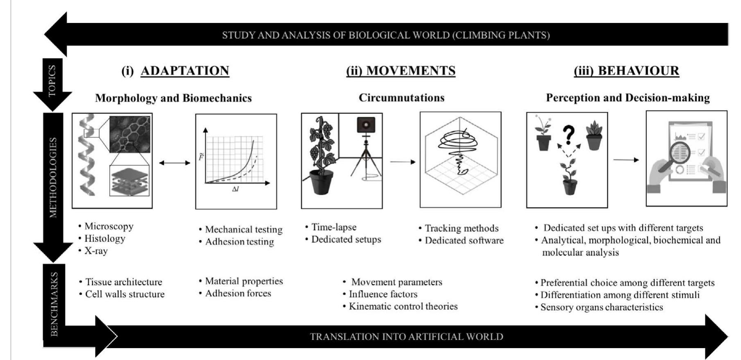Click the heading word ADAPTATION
[185, 71]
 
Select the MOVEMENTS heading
[401, 71]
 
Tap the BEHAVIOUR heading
[626, 71]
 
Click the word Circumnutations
[402, 98]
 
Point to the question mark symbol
[568, 135]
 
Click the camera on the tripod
[366, 125]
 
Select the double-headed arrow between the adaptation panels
[175, 163]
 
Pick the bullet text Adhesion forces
[235, 293]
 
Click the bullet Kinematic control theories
[400, 306]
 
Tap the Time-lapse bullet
[331, 227]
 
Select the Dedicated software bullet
[461, 240]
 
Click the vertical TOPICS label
[52, 81]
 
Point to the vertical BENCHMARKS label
[54, 304]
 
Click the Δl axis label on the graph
[235, 189]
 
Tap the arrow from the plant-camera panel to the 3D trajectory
[402, 162]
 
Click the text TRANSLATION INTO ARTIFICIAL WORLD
[407, 337]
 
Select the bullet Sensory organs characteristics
[599, 307]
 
